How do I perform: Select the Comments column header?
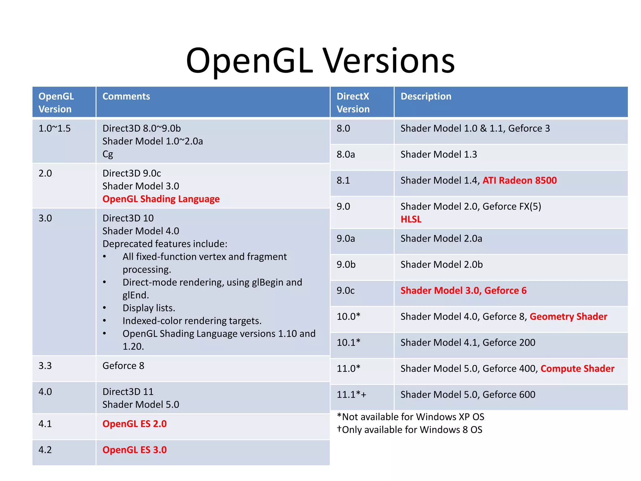[126, 96]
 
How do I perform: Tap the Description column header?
[426, 96]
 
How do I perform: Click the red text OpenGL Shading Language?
[161, 199]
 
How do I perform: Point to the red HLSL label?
[411, 219]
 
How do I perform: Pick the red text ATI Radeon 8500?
[520, 180]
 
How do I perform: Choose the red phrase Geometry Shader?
[568, 317]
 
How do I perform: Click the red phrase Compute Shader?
[577, 369]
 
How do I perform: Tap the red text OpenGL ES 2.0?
[135, 424]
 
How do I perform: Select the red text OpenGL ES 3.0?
[135, 450]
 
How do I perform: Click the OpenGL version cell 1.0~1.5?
[54, 128]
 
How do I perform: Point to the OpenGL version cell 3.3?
[45, 366]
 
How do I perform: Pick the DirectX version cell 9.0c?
[346, 291]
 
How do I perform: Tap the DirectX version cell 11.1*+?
[351, 395]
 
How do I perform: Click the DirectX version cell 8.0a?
[346, 154]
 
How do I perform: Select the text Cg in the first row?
[108, 154]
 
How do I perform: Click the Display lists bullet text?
[149, 308]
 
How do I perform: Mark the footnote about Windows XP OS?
[411, 417]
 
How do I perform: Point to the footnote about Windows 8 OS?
[410, 430]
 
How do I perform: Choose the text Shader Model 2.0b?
[441, 265]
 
